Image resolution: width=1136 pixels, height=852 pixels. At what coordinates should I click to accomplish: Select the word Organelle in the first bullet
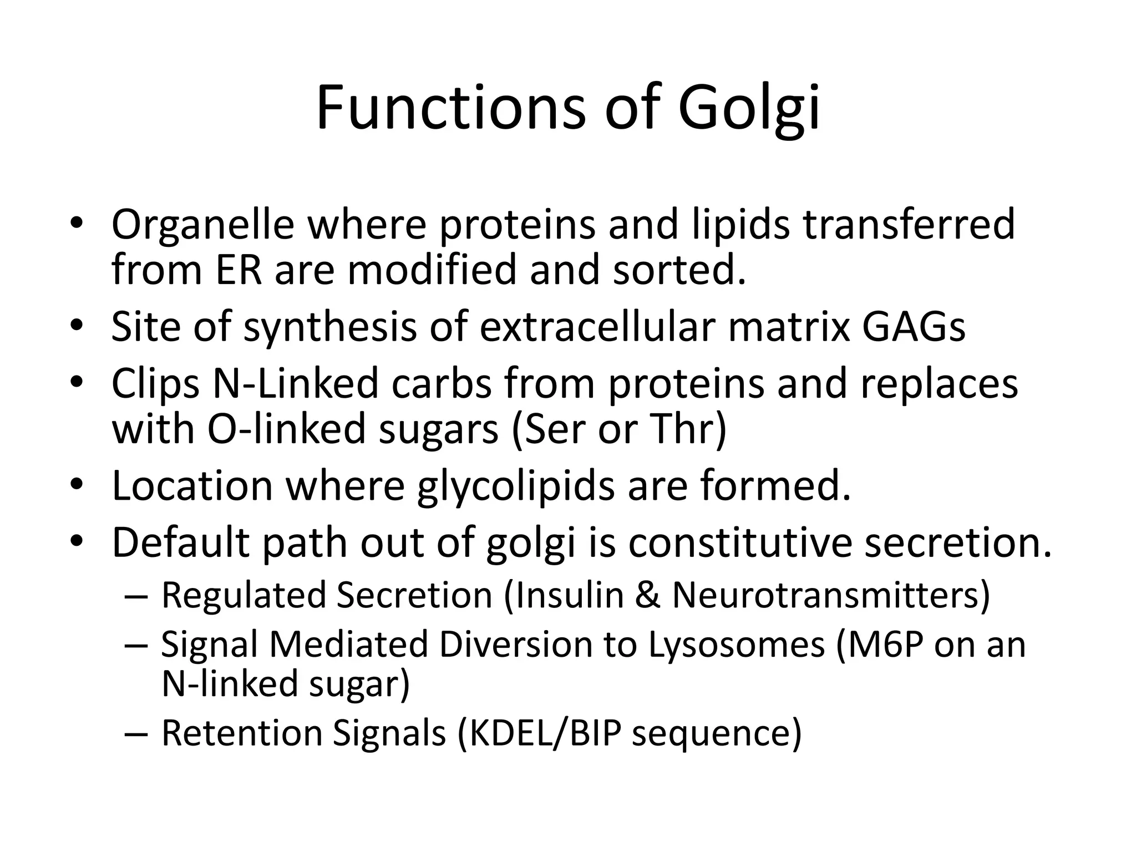click(x=202, y=225)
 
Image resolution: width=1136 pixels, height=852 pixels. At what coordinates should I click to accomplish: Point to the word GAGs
click(x=914, y=327)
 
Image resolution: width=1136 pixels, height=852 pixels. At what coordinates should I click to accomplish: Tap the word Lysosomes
click(x=737, y=645)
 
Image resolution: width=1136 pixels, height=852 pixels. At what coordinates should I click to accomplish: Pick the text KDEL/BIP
click(x=546, y=733)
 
